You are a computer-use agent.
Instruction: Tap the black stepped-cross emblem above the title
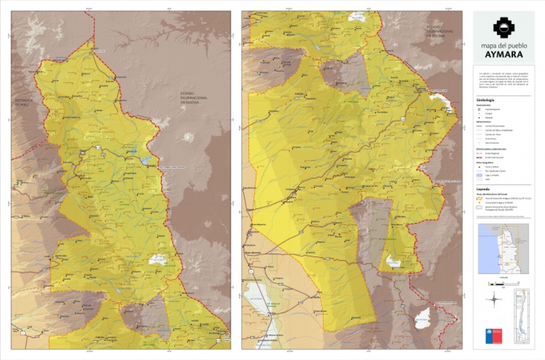(504, 27)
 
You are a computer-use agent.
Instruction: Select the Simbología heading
(488, 101)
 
